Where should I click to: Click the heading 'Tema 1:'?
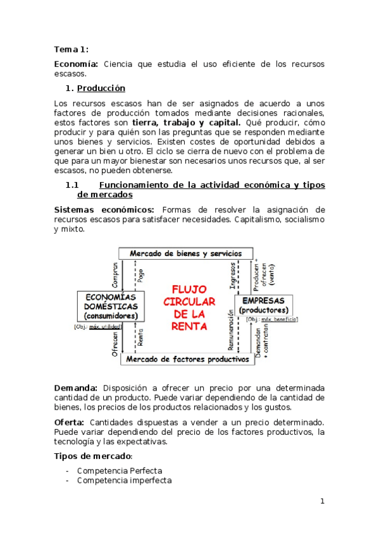tap(71, 49)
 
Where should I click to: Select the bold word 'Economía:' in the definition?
tap(76, 64)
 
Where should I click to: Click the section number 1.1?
tap(71, 185)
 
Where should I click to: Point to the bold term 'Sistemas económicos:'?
tap(104, 209)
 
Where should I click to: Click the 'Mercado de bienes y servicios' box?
tap(186, 253)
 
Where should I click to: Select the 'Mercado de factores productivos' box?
tap(186, 359)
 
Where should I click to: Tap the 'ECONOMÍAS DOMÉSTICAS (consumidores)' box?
tap(111, 306)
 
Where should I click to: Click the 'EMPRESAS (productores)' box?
tap(267, 305)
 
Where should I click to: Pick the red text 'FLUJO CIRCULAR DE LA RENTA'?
tap(189, 307)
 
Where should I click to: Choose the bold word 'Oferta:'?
tap(70, 422)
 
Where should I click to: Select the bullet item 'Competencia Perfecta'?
tap(120, 470)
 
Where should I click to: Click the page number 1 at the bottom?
tap(322, 501)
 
